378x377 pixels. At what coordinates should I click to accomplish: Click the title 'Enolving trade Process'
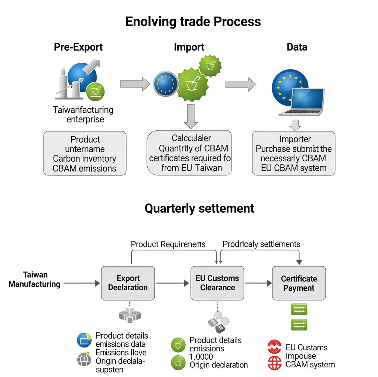point(193,21)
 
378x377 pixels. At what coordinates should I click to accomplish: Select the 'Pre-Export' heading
point(78,47)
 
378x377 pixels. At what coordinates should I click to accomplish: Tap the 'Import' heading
point(189,47)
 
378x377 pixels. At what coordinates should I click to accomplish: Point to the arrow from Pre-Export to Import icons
point(133,84)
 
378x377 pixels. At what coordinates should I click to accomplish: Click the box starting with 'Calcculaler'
point(189,153)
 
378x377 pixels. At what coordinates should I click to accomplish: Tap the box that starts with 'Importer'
point(294,154)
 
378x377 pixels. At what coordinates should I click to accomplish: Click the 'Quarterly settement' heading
point(199,209)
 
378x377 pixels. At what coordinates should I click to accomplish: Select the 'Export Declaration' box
point(128,283)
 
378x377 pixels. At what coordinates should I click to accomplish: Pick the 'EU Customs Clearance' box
point(217,283)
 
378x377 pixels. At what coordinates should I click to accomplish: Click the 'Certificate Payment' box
point(299,283)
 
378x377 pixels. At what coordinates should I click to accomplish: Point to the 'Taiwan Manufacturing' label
point(35,280)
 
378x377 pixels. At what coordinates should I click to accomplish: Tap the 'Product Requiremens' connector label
point(168,244)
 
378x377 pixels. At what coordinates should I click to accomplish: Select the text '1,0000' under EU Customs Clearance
point(201,357)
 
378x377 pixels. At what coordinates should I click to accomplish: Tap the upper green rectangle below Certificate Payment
point(299,309)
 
